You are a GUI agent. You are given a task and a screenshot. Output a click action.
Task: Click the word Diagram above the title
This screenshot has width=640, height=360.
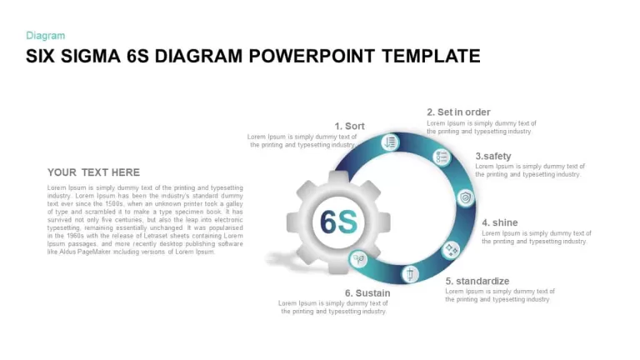[x=45, y=36]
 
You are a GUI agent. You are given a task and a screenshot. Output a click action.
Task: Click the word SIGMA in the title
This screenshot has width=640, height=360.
[x=91, y=56]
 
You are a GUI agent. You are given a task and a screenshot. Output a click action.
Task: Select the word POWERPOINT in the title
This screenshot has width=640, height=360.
[x=312, y=56]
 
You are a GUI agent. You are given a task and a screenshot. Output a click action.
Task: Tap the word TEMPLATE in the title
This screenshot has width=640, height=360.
[x=431, y=56]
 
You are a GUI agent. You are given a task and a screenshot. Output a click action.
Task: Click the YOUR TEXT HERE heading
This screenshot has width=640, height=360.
[x=93, y=172]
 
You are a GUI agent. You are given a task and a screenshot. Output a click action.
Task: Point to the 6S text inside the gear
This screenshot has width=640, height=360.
[x=339, y=222]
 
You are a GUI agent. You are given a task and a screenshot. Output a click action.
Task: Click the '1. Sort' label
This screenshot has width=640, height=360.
[x=349, y=126]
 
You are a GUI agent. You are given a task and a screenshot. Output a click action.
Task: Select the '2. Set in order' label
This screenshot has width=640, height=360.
[x=458, y=112]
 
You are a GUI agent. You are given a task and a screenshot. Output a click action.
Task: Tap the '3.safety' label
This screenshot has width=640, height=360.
[x=493, y=156]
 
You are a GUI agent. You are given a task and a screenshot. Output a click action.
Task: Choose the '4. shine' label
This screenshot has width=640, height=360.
[x=500, y=222]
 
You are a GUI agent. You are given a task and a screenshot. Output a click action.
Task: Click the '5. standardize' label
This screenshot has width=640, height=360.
[x=477, y=281]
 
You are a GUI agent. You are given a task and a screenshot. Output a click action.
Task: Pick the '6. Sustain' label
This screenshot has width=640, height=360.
[x=367, y=292]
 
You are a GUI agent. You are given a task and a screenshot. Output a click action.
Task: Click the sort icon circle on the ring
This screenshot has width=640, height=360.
[x=390, y=142]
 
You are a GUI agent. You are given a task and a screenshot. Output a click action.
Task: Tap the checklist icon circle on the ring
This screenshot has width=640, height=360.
[x=442, y=157]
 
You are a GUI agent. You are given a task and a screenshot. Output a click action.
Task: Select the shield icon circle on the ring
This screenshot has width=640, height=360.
[x=465, y=198]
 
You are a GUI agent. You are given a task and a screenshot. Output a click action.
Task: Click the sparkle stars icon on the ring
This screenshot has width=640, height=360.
[x=451, y=249]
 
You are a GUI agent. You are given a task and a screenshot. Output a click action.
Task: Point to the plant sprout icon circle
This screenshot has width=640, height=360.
[x=358, y=259]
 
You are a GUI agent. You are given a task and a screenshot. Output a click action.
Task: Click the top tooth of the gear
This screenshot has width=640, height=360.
[x=338, y=177]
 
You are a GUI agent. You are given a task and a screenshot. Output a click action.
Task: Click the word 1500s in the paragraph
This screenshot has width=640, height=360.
[x=114, y=203]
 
